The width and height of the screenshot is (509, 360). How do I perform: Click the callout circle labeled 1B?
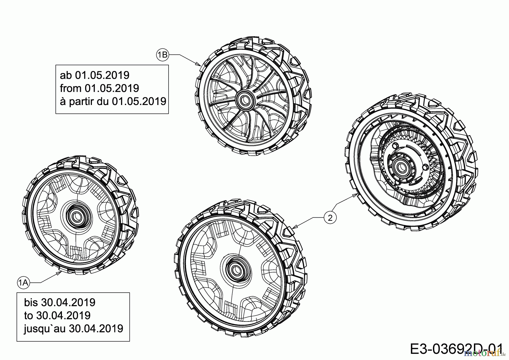tap(162, 55)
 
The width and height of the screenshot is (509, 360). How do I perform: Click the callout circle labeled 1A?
tap(23, 282)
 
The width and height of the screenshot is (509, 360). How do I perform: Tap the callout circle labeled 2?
tap(330, 217)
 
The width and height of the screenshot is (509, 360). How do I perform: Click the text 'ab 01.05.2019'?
tap(95, 75)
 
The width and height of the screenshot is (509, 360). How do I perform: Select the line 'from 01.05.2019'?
tap(100, 88)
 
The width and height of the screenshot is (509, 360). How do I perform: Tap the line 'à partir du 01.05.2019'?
tap(113, 101)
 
